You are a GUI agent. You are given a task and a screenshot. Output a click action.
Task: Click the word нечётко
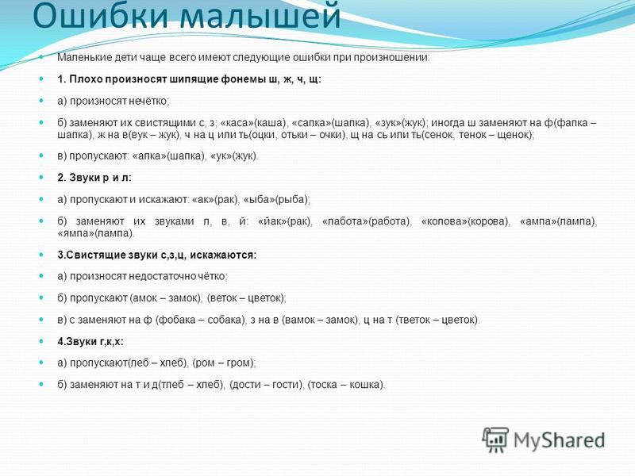point(148,101)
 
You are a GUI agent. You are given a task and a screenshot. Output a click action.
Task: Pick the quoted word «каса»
point(237,123)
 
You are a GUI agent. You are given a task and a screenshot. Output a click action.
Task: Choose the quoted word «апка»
point(149,155)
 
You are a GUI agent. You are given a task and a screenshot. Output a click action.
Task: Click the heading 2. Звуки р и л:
point(94,178)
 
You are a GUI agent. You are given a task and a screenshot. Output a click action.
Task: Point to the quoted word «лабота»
point(344,221)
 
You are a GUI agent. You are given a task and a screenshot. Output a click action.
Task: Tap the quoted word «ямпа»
point(75,233)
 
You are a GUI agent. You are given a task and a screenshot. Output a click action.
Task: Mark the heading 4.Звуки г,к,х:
point(90,342)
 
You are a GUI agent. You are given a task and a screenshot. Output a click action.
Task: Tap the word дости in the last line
point(245,384)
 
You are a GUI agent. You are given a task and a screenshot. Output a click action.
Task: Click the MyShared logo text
point(559,440)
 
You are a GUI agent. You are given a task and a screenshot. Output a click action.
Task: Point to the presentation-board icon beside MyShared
point(495,440)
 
